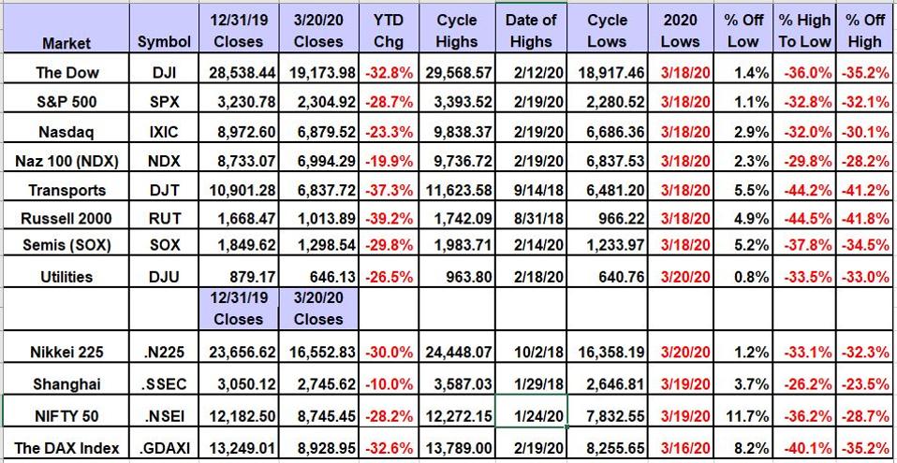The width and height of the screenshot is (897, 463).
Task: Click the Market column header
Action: pos(66,42)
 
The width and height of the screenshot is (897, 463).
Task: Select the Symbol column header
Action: pos(164,42)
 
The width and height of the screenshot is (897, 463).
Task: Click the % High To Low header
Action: pos(801,30)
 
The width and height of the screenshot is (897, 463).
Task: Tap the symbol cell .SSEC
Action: pos(164,383)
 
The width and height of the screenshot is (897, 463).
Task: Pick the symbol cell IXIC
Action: pos(164,131)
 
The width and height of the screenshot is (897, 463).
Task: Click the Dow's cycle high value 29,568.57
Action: pos(458,72)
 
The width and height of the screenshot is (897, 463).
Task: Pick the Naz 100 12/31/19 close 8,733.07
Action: pos(239,160)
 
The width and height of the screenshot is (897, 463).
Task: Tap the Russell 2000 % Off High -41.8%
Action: pos(863,219)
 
